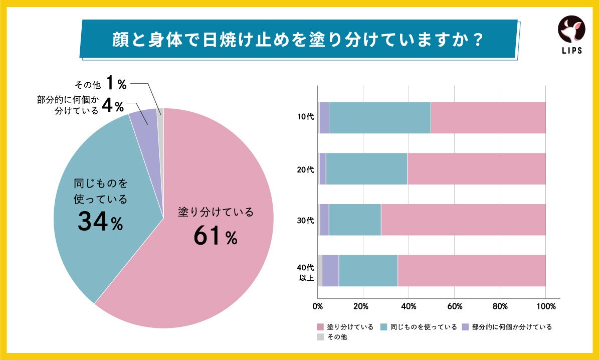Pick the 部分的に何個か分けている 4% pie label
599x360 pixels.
click(80, 105)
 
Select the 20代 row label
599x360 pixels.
click(305, 169)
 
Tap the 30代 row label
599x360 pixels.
click(305, 220)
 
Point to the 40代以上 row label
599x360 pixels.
click(305, 271)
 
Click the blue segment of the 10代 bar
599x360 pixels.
click(379, 118)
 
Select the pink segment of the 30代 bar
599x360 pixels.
click(463, 220)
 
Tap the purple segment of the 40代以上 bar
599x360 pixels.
click(330, 271)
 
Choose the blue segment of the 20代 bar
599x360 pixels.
click(366, 169)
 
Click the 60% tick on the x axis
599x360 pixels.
click(454, 306)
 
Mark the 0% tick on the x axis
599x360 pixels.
click(317, 306)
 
